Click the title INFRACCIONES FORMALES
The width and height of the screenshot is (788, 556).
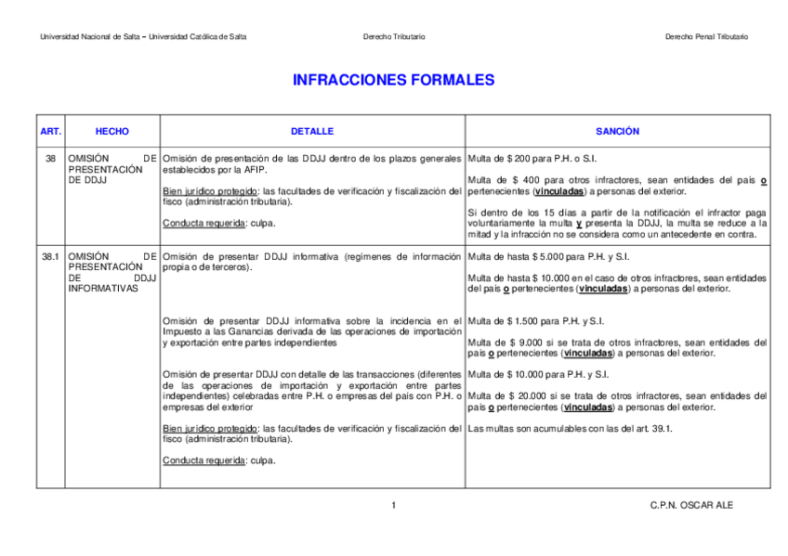tap(393, 81)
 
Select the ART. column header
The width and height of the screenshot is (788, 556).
tap(50, 132)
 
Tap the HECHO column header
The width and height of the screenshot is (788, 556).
tap(112, 132)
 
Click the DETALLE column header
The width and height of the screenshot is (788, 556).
tap(311, 132)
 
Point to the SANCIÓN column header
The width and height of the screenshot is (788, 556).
tap(617, 132)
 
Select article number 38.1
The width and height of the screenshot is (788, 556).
tap(50, 256)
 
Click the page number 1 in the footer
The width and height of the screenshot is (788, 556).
tap(393, 505)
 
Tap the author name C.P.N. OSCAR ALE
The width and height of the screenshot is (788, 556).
tap(691, 505)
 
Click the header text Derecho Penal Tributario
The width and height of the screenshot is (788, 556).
tap(706, 36)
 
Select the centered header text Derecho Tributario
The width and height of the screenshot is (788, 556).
tap(393, 36)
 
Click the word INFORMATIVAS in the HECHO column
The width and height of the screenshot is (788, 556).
tap(103, 289)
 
